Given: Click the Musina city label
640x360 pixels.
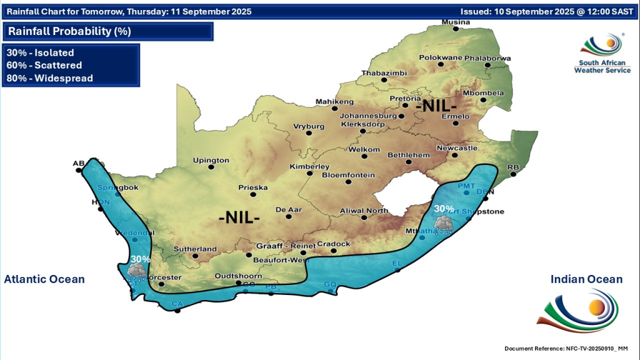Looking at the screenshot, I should [455, 22].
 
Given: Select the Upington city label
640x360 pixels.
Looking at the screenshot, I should [211, 161].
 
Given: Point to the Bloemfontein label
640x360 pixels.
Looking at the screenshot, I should [348, 175].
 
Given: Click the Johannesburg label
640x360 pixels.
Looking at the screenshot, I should [369, 116].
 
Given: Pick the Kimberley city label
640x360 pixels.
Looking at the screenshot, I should [309, 167].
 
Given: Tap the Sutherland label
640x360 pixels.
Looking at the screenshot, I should [196, 249].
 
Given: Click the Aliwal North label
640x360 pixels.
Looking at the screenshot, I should [363, 211].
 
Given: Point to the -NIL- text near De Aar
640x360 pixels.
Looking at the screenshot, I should [239, 219].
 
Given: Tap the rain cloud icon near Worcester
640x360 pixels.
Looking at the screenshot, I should [136, 271].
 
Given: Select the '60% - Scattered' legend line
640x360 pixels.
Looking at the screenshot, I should [44, 65].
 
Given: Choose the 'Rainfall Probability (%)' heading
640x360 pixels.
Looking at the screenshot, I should [69, 31].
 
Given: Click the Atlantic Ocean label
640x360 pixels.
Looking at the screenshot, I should [44, 279].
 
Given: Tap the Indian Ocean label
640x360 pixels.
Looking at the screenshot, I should [586, 279].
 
